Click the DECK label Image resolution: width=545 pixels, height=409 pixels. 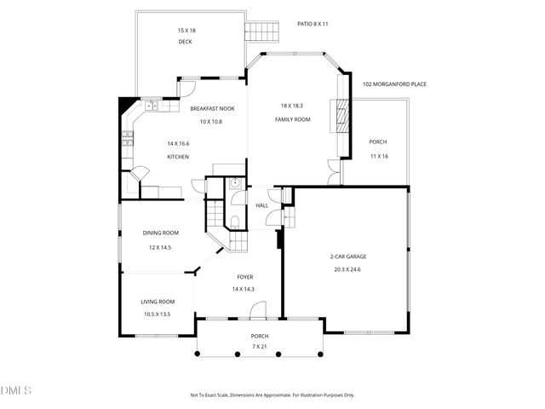[185, 42]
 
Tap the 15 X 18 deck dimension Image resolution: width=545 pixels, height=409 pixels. [185, 31]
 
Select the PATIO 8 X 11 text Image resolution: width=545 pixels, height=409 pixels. [313, 24]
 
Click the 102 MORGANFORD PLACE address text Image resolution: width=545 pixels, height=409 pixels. [394, 84]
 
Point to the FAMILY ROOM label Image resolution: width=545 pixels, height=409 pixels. [292, 119]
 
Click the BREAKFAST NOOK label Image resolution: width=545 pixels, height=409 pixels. [212, 108]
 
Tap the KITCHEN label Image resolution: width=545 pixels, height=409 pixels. [178, 157]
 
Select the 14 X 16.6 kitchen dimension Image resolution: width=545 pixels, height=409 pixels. [178, 143]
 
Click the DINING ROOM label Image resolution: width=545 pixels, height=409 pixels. [160, 233]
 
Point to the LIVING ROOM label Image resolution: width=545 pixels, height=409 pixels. [158, 302]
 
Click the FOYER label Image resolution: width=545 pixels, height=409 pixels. [244, 277]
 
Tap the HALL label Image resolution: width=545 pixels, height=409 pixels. [262, 205]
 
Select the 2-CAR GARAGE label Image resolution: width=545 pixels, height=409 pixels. [347, 256]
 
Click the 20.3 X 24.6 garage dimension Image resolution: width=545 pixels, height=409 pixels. [347, 269]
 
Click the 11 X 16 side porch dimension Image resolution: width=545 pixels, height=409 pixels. [379, 156]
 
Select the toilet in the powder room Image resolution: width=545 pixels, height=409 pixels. [235, 222]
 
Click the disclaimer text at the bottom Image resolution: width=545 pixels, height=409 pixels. [272, 395]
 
